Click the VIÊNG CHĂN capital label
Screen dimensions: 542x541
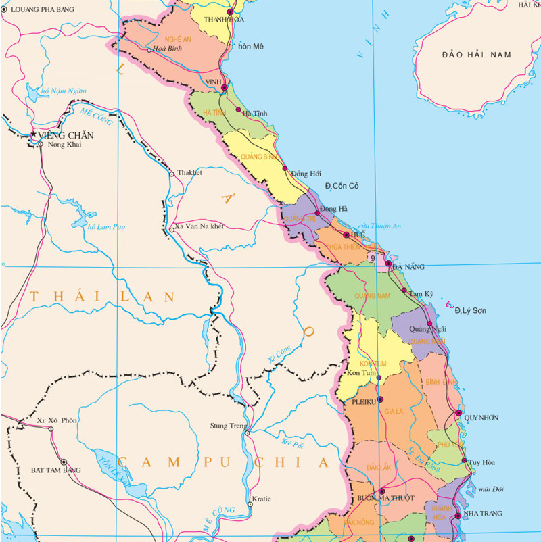(66, 134)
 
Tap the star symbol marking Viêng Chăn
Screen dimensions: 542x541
(34, 135)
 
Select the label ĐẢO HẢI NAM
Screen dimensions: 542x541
(476, 54)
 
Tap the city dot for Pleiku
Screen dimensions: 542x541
(380, 399)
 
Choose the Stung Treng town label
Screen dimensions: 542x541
(226, 426)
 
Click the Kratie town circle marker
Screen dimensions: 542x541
(250, 504)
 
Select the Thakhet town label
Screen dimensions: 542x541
(189, 173)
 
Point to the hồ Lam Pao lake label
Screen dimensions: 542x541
(106, 226)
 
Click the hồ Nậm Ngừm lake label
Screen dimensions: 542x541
(64, 91)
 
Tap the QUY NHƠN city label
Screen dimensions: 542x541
(481, 418)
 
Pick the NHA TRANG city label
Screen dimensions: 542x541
(484, 514)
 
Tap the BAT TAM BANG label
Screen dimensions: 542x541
(55, 470)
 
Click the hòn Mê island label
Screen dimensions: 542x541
(250, 46)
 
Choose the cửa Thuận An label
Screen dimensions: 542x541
(379, 226)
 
